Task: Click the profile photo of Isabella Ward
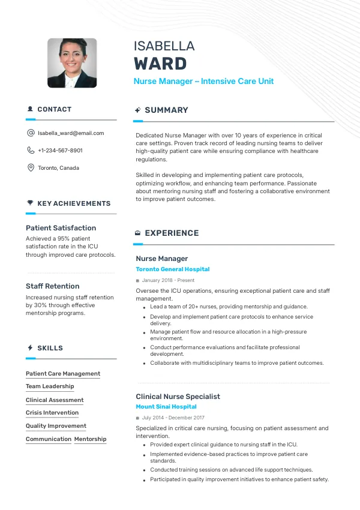[x=72, y=63]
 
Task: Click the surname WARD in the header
[x=160, y=64]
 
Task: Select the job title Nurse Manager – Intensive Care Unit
[x=203, y=81]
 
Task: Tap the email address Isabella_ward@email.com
[x=71, y=133]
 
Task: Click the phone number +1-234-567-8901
[x=60, y=151]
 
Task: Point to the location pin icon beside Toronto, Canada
[x=31, y=168]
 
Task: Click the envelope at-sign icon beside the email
[x=31, y=133]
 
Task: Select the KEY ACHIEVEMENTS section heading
[x=74, y=203]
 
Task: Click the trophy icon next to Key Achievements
[x=30, y=203]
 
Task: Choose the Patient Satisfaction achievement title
[x=61, y=228]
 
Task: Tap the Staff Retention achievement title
[x=52, y=286]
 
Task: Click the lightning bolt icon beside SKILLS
[x=30, y=348]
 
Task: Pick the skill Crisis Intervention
[x=52, y=413]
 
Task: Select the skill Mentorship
[x=90, y=439]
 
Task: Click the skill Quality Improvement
[x=56, y=426]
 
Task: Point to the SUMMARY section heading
[x=166, y=110]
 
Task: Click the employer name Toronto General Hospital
[x=173, y=269]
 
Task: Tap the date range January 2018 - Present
[x=168, y=280]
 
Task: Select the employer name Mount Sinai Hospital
[x=166, y=407]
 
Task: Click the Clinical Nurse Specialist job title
[x=178, y=397]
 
